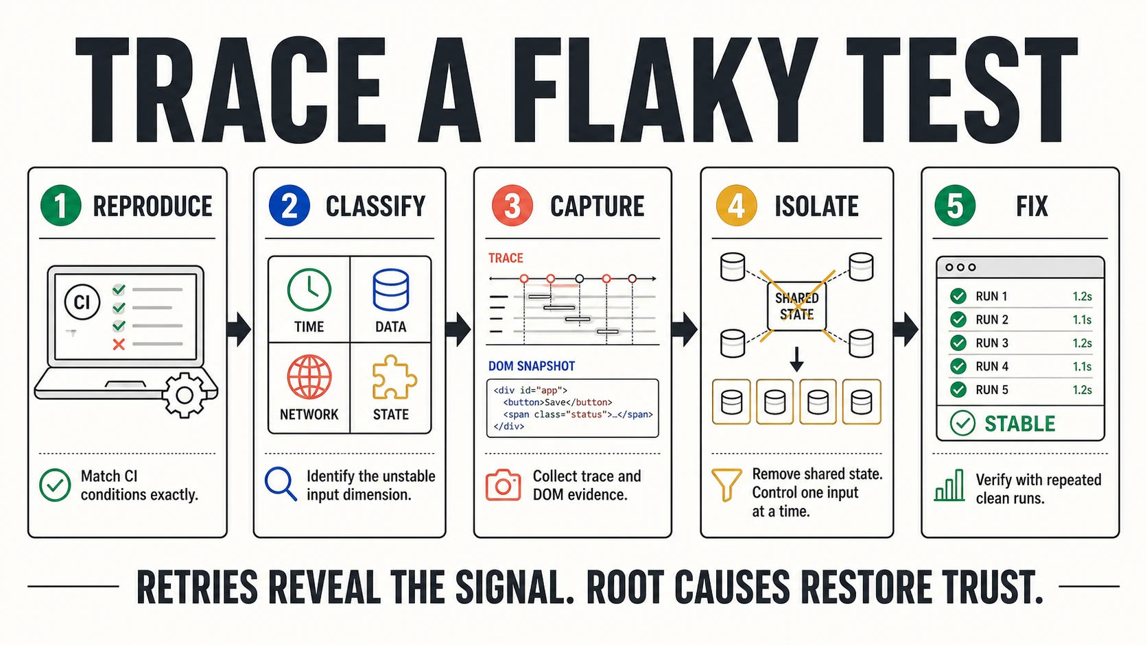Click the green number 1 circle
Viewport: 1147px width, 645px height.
pyautogui.click(x=61, y=206)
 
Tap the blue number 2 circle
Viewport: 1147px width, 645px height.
pyautogui.click(x=289, y=206)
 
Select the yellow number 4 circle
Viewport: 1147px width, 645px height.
pyautogui.click(x=736, y=206)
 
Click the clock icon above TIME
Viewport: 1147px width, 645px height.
pyautogui.click(x=309, y=290)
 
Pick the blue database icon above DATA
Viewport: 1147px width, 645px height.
pyautogui.click(x=391, y=290)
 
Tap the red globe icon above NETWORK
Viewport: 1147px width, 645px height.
pyautogui.click(x=309, y=377)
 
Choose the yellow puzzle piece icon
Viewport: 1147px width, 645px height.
pyautogui.click(x=394, y=377)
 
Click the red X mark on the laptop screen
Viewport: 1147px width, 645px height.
pyautogui.click(x=119, y=344)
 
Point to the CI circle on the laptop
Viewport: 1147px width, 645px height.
pyautogui.click(x=82, y=302)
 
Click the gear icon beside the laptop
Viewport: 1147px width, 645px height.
pyautogui.click(x=185, y=395)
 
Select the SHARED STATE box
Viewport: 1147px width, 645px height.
pyautogui.click(x=796, y=306)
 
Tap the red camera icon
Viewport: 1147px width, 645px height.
pyautogui.click(x=504, y=485)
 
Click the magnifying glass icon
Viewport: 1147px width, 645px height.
pyautogui.click(x=281, y=484)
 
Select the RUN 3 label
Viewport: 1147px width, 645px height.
pyautogui.click(x=992, y=343)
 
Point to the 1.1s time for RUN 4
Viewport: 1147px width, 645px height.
pyautogui.click(x=1082, y=366)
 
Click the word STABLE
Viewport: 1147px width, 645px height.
pyautogui.click(x=1019, y=424)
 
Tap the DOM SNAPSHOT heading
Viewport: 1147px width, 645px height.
pyautogui.click(x=532, y=366)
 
